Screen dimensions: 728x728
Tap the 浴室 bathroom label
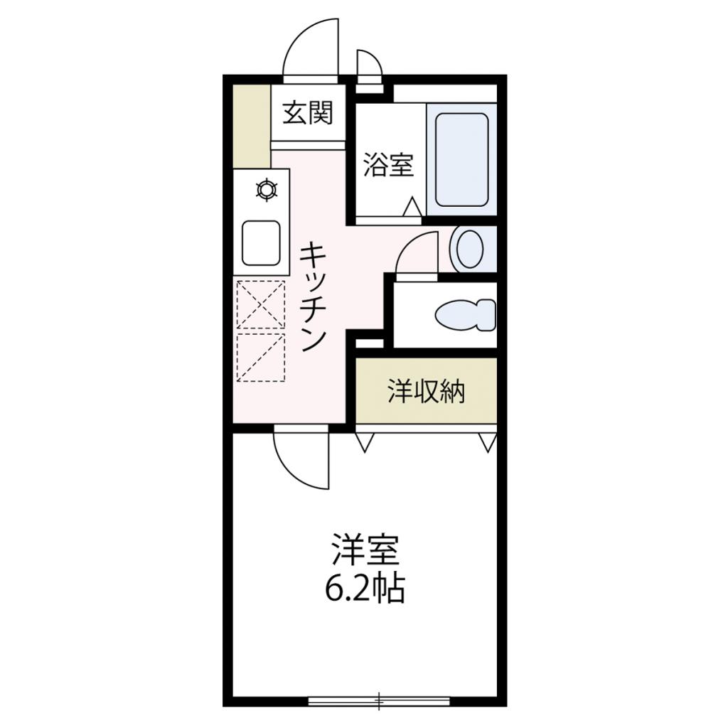(x=388, y=164)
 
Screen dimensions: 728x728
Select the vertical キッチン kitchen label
(x=313, y=297)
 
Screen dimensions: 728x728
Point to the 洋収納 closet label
(x=427, y=391)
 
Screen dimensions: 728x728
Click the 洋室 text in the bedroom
(x=365, y=550)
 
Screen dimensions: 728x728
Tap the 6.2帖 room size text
(x=365, y=588)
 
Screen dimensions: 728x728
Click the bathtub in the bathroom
(x=462, y=160)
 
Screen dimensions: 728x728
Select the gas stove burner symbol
(x=267, y=190)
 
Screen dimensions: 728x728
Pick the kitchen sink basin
(x=262, y=243)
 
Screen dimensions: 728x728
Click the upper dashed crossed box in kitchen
(x=260, y=304)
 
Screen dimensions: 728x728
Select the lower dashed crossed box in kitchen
(x=260, y=358)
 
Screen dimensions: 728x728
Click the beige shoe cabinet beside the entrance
(x=251, y=127)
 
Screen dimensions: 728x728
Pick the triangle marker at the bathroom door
(x=412, y=207)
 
